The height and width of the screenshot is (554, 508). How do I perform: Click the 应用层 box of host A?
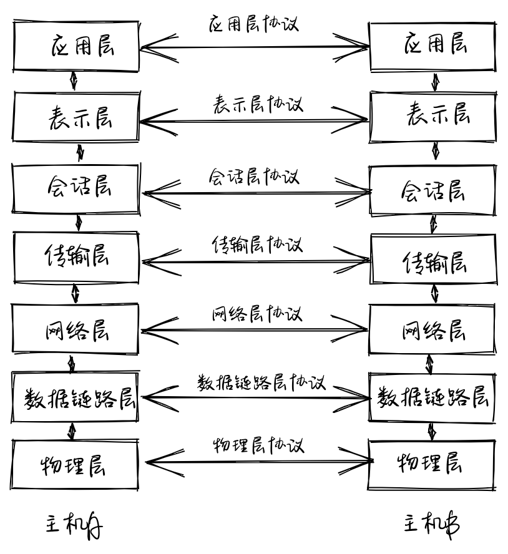76,46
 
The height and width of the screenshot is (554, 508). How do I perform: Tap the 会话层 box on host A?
76,188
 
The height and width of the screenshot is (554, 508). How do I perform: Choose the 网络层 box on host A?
76,329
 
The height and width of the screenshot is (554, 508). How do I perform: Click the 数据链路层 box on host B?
432,397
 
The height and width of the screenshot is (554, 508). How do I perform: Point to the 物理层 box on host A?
75,465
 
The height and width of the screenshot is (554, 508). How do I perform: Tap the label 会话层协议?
253,177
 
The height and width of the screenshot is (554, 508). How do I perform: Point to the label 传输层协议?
256,245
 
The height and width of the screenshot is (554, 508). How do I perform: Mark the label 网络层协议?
256,314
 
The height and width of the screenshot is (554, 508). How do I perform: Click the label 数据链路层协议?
261,382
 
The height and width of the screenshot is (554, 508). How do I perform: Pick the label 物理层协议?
258,447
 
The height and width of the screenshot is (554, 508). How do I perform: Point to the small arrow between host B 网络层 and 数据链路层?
429,364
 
